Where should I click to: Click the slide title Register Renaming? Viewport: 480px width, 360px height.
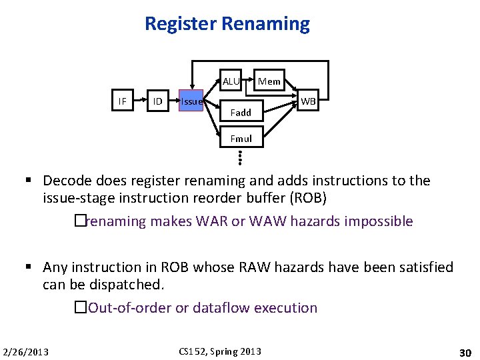(x=227, y=25)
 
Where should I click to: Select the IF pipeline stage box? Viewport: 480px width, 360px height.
(x=122, y=101)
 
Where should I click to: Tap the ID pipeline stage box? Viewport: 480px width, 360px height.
(x=157, y=101)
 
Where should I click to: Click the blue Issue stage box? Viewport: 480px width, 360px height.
(x=191, y=102)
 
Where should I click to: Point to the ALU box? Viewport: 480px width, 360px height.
(x=231, y=82)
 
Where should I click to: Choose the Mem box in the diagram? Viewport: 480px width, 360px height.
(x=269, y=82)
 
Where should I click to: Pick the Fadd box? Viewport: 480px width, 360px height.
(x=241, y=113)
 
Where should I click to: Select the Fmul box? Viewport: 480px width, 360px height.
(x=241, y=139)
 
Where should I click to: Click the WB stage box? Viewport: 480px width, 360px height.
(x=309, y=102)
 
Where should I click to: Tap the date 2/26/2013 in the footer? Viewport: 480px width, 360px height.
(x=26, y=351)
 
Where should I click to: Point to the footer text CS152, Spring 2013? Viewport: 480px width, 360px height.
(x=220, y=351)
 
